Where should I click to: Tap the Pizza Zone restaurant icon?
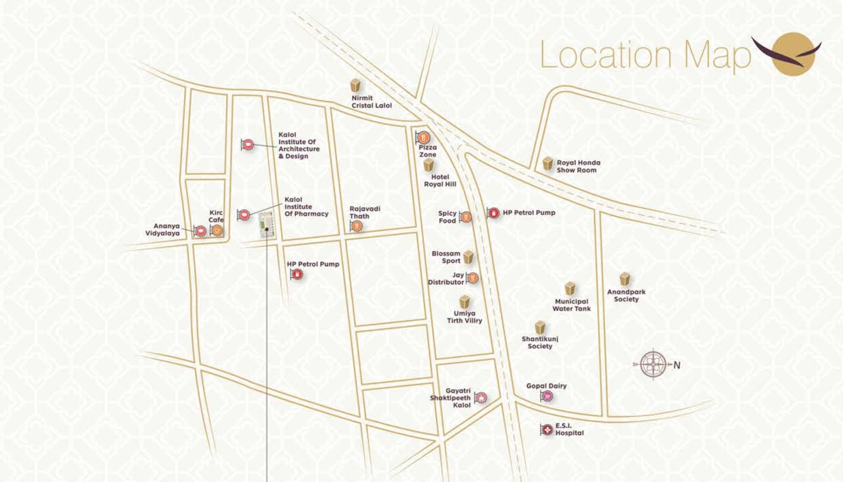pos(424,137)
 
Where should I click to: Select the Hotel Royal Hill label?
pos(439,181)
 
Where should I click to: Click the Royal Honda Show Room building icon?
pos(548,164)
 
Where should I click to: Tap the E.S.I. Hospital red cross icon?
pos(546,430)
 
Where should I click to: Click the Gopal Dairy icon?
pos(547,397)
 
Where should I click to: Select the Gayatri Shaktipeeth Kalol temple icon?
pos(481,397)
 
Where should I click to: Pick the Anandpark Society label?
pos(626,296)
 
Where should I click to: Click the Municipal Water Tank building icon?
pos(570,289)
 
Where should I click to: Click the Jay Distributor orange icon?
pos(472,278)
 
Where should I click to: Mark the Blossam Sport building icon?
pos(468,257)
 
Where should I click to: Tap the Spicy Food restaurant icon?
pos(466,217)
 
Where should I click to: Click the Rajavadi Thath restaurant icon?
pos(357,225)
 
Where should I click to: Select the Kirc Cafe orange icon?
pos(216,231)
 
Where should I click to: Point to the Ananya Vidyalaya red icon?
pos(201,231)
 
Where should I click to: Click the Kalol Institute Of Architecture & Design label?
pos(298,145)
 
